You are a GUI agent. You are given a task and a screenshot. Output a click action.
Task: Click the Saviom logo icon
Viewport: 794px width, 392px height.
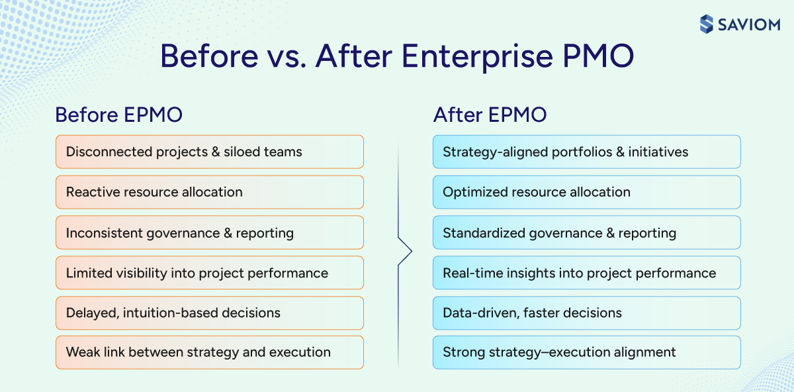tap(707, 24)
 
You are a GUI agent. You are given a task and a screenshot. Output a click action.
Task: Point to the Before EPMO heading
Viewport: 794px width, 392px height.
tap(118, 115)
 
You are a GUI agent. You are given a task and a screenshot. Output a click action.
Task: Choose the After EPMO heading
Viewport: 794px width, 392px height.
tap(490, 115)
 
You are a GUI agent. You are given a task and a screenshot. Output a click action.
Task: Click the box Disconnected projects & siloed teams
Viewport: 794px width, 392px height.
tap(209, 152)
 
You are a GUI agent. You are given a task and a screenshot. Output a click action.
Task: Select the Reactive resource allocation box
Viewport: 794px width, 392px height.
tap(209, 192)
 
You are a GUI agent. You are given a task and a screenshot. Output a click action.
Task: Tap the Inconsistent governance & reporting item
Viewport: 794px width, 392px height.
tap(209, 232)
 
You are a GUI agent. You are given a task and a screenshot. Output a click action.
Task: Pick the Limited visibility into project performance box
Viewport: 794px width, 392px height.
tap(209, 273)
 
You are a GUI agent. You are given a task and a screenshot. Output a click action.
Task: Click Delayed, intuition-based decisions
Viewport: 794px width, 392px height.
tap(209, 313)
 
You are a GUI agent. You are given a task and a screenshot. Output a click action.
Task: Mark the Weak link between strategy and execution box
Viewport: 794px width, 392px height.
tap(209, 352)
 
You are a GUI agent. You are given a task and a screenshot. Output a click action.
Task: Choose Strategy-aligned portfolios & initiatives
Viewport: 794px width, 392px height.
tap(586, 152)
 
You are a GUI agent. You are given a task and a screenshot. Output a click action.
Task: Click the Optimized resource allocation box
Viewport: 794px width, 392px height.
tap(586, 192)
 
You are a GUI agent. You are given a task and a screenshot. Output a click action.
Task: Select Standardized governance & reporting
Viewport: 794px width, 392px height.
tap(586, 232)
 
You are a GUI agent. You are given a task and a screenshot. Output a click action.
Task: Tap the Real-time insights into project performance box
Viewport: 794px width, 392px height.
tap(586, 273)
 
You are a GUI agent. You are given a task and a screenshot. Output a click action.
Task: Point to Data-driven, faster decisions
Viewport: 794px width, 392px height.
tap(586, 313)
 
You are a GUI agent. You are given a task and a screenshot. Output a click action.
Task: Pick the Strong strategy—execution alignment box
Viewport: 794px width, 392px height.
tap(586, 352)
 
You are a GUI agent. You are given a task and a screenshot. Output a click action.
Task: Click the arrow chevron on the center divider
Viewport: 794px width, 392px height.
tap(406, 251)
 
